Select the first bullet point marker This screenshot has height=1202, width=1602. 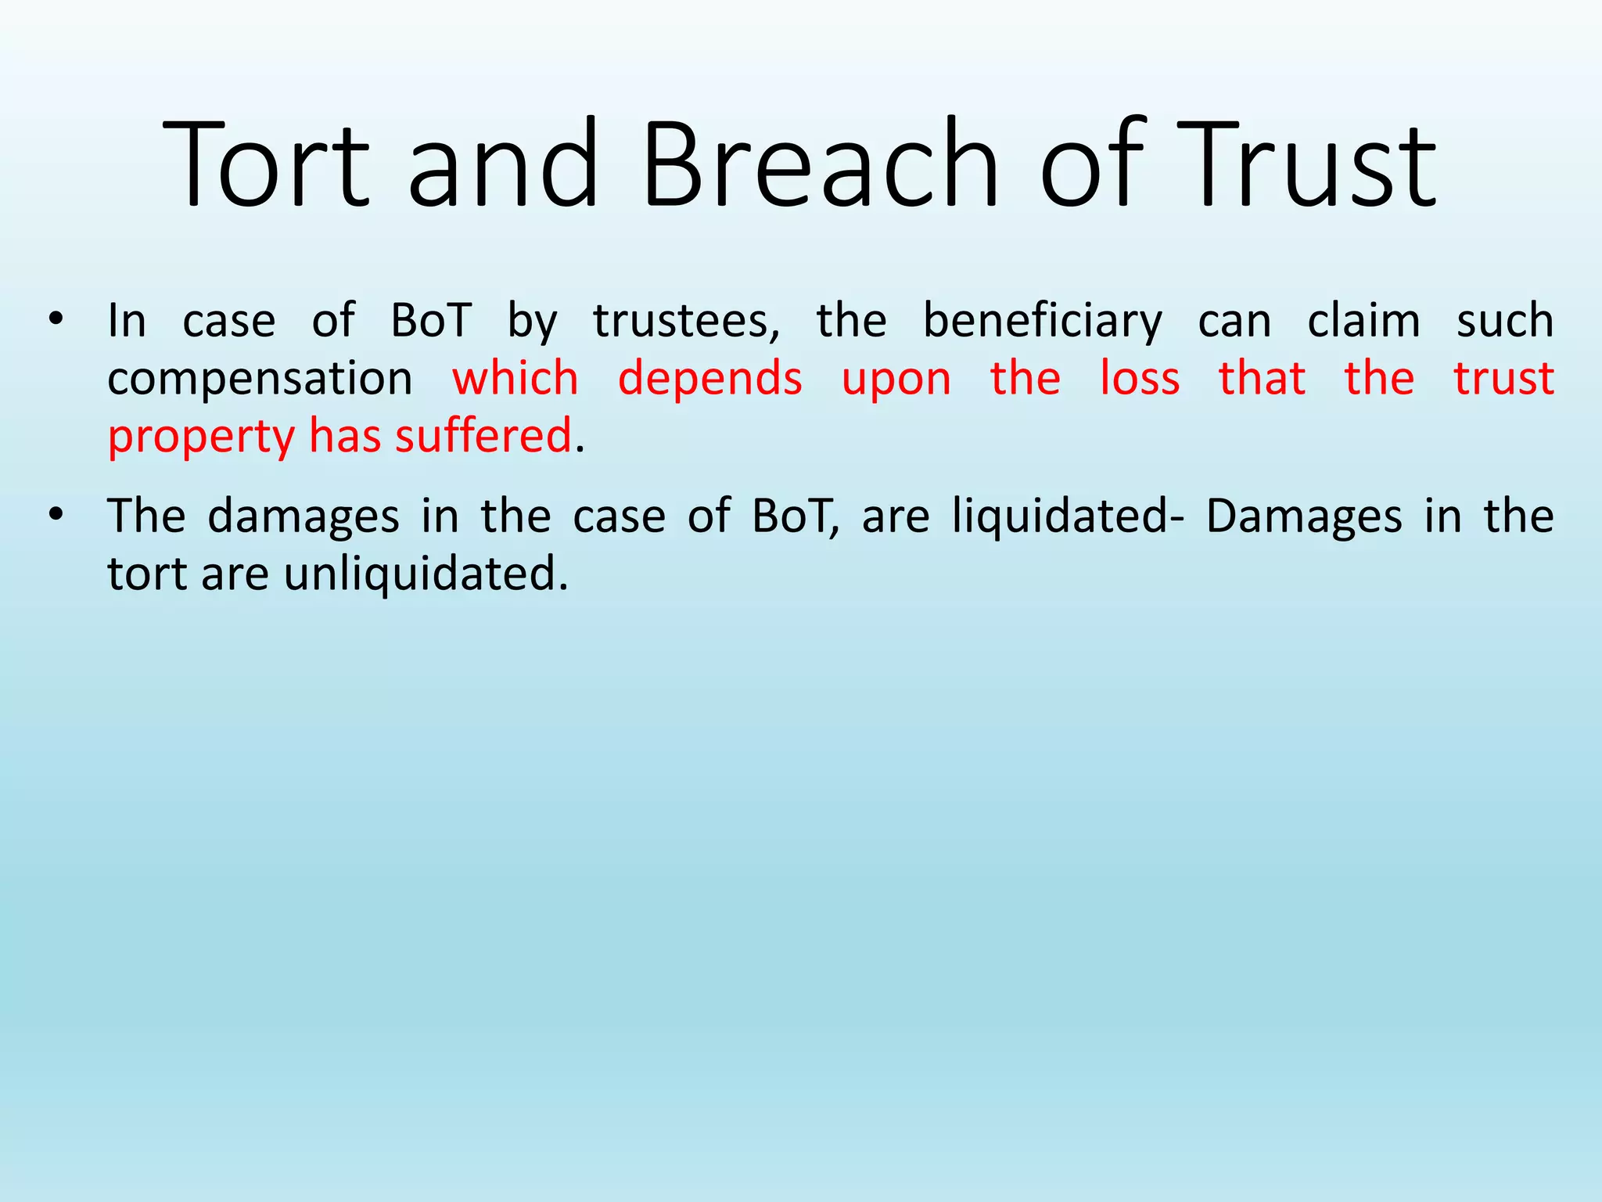[x=55, y=320]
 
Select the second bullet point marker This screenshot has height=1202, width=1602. [x=55, y=516]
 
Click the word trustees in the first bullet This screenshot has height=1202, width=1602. [x=686, y=321]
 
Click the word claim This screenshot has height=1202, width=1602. [x=1363, y=321]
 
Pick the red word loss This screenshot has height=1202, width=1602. [x=1139, y=378]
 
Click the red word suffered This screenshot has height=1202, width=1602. [x=483, y=436]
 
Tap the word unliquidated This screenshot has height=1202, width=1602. [x=425, y=574]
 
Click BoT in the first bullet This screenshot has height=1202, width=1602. [x=431, y=321]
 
